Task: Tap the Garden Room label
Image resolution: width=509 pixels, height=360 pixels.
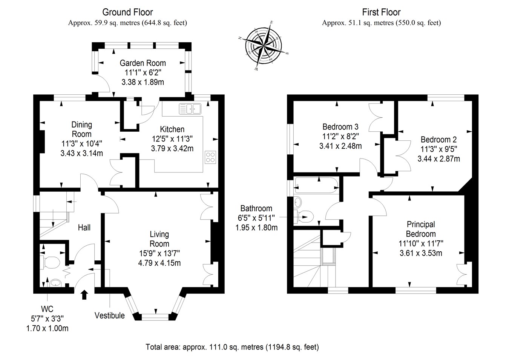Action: (x=143, y=63)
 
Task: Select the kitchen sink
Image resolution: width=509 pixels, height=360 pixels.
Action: (x=190, y=109)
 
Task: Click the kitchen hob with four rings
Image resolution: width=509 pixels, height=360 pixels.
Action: (x=210, y=157)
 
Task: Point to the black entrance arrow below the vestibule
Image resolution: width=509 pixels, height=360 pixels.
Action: (x=84, y=294)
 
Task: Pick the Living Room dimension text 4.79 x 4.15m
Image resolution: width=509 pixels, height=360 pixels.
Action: (x=159, y=263)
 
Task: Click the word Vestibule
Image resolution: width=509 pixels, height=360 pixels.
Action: (x=109, y=315)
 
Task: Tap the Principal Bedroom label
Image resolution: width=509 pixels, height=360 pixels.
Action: (x=420, y=229)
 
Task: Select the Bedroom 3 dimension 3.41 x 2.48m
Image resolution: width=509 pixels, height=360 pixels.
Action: (x=340, y=146)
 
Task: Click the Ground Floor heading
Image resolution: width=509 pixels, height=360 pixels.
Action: (x=127, y=12)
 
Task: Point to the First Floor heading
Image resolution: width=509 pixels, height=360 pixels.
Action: (x=381, y=12)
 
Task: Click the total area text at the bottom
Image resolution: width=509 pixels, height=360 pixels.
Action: (x=232, y=347)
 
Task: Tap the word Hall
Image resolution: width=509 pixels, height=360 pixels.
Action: (x=84, y=228)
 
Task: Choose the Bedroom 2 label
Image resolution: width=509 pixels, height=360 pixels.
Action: (x=438, y=140)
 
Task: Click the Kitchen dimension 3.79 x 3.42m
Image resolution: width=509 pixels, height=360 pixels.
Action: (x=172, y=149)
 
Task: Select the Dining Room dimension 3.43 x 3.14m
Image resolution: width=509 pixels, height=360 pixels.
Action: (x=81, y=153)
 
